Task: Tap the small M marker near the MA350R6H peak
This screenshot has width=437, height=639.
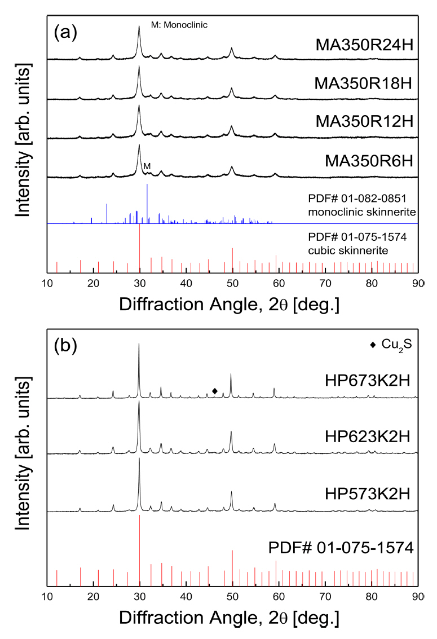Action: (147, 166)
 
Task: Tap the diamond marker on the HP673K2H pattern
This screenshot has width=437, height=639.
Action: (214, 391)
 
